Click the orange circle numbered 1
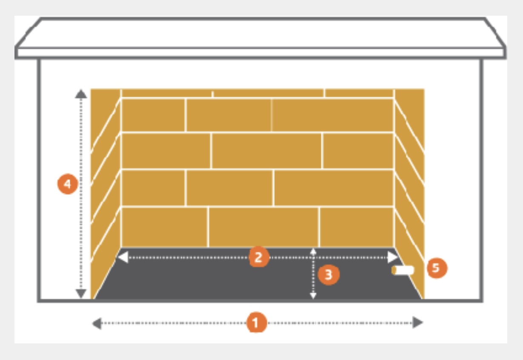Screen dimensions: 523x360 [257, 323]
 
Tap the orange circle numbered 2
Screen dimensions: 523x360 [259, 257]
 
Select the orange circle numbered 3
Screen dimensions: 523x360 [329, 274]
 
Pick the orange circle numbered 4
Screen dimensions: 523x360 [68, 184]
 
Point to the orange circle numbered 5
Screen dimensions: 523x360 [437, 268]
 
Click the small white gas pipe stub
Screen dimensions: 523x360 [403, 270]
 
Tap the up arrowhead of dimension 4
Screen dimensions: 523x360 [81, 94]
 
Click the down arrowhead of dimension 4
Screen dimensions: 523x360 [81, 294]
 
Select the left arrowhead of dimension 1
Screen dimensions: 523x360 [97, 323]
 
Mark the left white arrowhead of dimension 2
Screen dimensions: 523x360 [123, 257]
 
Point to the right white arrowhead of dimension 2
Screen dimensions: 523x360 [392, 257]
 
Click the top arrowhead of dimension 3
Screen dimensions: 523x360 [313, 251]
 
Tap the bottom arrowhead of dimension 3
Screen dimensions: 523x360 [313, 296]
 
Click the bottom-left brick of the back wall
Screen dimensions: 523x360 [164, 227]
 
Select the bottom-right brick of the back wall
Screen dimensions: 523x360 [357, 227]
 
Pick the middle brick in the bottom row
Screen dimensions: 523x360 [263, 227]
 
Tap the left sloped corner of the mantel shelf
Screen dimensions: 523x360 [28, 32]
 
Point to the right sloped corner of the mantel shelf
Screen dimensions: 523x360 [495, 32]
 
